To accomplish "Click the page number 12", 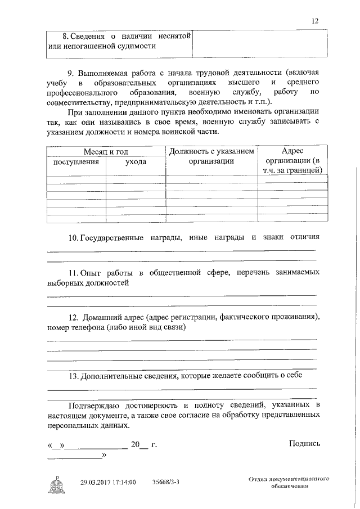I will [x=315, y=21].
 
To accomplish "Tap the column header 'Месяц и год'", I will [x=106, y=152].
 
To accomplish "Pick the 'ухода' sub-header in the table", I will [x=136, y=161].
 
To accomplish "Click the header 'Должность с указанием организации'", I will [x=211, y=156].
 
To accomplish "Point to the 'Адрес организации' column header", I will [x=292, y=160].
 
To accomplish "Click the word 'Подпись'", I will [x=304, y=443].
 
